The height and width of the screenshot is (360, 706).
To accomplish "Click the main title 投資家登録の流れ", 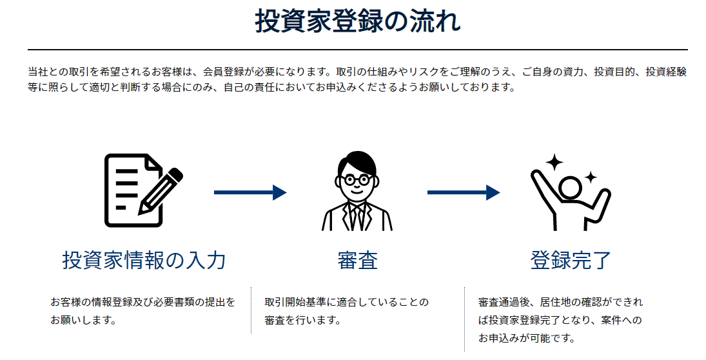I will (x=358, y=21).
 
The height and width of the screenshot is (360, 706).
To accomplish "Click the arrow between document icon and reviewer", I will (x=250, y=192).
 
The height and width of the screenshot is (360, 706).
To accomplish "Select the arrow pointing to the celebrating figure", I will (x=463, y=192).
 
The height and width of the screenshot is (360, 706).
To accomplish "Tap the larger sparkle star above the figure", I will (x=554, y=162).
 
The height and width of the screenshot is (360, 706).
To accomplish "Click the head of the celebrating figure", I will (x=571, y=188).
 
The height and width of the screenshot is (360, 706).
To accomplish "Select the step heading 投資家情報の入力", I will (x=144, y=260).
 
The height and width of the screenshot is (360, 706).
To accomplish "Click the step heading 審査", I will (x=357, y=260).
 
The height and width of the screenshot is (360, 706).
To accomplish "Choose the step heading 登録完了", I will (x=571, y=260).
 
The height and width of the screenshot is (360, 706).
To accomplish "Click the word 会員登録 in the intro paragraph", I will (x=223, y=72).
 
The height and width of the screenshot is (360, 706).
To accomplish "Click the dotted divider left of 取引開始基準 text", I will (x=251, y=310).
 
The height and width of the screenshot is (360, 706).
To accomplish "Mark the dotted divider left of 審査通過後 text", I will (x=464, y=319).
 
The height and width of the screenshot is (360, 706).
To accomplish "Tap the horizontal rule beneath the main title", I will (x=358, y=49).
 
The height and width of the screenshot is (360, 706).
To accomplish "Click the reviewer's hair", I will (x=357, y=161).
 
